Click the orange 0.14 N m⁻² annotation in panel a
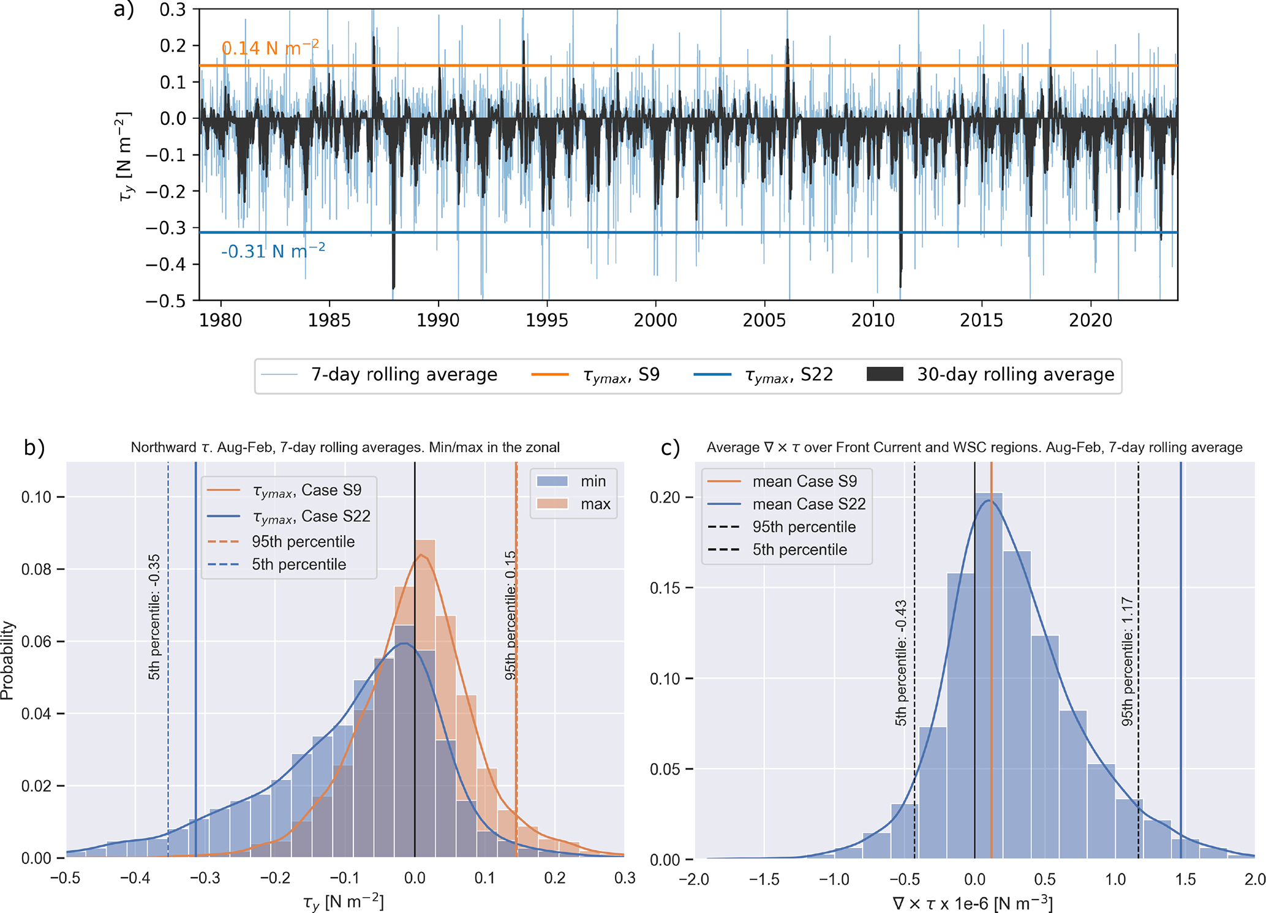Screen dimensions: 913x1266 pos(269,48)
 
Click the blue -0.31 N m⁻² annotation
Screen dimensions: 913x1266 pos(273,251)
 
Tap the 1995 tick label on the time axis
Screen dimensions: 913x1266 pos(547,320)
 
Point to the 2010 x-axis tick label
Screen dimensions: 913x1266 pos(873,320)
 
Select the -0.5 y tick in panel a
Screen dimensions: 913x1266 pos(165,301)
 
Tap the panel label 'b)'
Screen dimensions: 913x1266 pos(34,448)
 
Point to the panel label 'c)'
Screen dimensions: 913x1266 pos(671,448)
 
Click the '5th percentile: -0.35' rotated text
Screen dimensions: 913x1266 pos(154,617)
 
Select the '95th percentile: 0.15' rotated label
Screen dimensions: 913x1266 pos(510,615)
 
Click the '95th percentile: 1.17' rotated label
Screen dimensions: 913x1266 pos(1127,661)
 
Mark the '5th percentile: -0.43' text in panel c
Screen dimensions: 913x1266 pos(900,663)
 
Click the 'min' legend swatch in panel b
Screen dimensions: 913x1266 pos(552,481)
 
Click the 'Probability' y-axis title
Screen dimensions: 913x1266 pos(7,660)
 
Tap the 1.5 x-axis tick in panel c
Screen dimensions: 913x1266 pos(1185,880)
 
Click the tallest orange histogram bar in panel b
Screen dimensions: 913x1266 pos(425,698)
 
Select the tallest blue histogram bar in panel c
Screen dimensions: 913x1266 pos(989,674)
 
